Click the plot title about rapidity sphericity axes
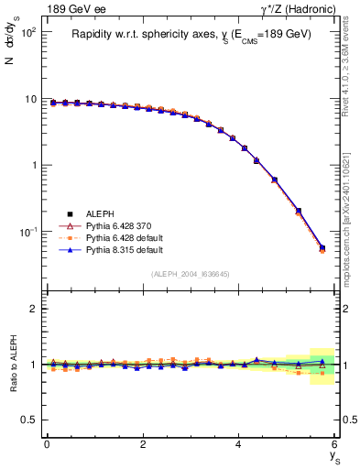(191, 34)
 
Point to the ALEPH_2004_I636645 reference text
(191, 275)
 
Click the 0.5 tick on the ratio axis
(29, 420)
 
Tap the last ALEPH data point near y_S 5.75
(322, 247)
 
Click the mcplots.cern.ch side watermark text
(347, 211)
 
